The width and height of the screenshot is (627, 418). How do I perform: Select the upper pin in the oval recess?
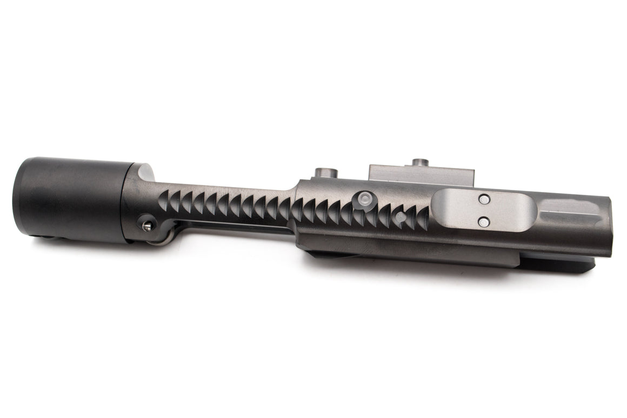[484, 200]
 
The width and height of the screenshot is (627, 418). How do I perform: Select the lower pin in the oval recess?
[484, 220]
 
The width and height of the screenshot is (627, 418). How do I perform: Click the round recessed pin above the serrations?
[364, 198]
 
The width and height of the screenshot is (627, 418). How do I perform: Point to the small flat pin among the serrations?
[399, 217]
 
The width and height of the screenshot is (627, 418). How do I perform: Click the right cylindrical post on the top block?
[419, 162]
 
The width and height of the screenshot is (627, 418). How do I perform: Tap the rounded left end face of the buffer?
[19, 197]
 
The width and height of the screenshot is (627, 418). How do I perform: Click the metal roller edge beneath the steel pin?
[157, 240]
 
